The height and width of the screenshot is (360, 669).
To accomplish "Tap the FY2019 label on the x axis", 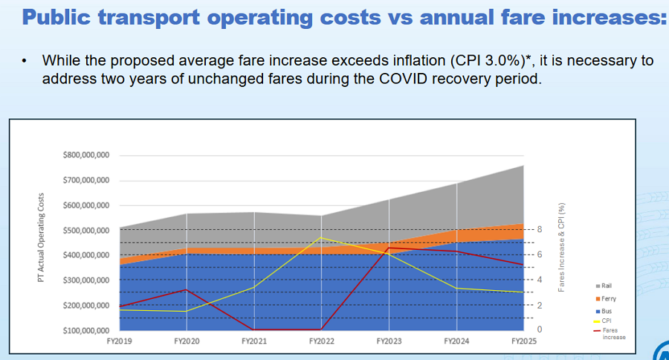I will pos(119,341).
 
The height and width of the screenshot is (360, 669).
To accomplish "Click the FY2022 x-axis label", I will pos(321,341).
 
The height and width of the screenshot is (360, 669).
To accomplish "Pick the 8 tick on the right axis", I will pos(540,230).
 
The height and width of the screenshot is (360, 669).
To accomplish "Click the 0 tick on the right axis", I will pos(540,330).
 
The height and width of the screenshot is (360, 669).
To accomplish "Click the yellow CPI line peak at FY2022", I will pos(321,238).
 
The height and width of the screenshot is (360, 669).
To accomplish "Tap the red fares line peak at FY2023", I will pos(389,248).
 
